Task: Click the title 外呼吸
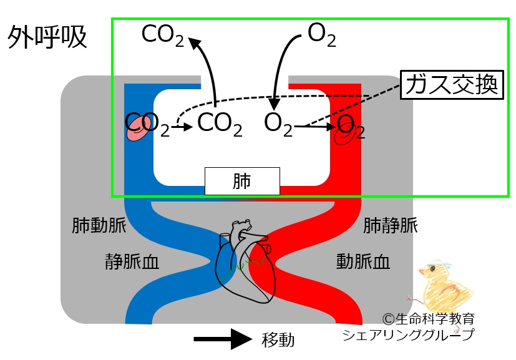pos(47,39)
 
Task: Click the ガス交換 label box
pos(453,86)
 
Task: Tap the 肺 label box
pos(242,181)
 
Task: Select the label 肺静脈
pos(391,225)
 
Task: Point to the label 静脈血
pos(132,261)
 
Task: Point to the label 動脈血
pos(363,261)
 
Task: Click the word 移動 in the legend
pos(278,340)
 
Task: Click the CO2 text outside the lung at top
pos(162,36)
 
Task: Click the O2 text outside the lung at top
pos(322,36)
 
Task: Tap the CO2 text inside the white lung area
pos(219,124)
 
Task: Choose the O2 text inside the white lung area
pos(278,124)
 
